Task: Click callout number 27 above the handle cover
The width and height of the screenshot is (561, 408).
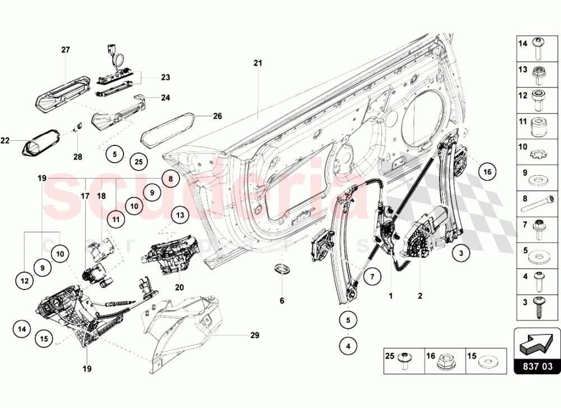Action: coord(66,50)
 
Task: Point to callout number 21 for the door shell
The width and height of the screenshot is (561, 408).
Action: coord(257,63)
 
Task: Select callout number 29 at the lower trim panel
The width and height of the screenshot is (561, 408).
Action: coord(255,336)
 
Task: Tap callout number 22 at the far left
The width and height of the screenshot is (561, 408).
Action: coord(5,141)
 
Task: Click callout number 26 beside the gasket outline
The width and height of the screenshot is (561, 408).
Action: coord(217,116)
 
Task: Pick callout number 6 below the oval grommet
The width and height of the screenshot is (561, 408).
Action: coord(282,301)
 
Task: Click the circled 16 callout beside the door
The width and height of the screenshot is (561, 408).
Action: coord(487,172)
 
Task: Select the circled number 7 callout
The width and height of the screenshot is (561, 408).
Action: coord(371,276)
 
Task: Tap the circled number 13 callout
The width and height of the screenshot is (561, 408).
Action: coord(179,214)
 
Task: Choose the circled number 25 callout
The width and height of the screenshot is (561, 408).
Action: coord(139,162)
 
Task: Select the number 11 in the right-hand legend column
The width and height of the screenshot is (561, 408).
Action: coord(522,121)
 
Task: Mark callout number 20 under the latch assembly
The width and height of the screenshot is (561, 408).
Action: coord(179,287)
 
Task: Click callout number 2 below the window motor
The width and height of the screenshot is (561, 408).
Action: coord(420,295)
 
